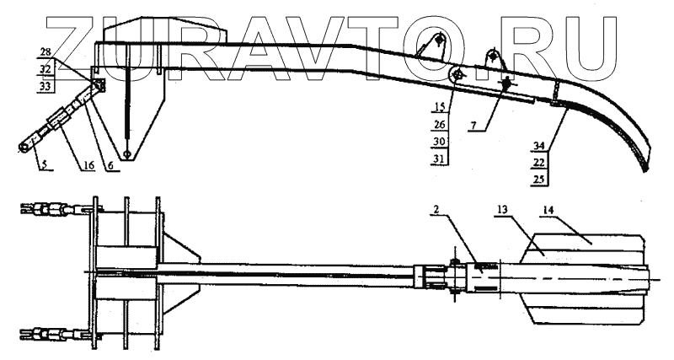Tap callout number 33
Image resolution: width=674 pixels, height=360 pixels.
(45, 85)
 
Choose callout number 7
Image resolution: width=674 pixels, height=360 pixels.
(478, 124)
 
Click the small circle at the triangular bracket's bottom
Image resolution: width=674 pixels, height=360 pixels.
(126, 154)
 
